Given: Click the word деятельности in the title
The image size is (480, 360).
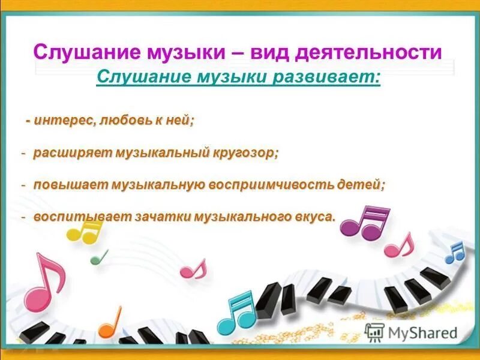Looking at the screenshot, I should point(375,52).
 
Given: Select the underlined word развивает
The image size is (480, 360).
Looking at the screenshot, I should point(323,78).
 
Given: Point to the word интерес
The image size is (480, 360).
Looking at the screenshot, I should point(62,120).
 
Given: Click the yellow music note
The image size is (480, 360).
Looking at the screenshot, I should point(84,230).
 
